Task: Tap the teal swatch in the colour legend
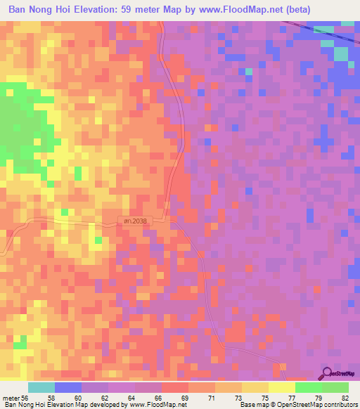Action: (x=41, y=387)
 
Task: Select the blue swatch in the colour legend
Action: (x=68, y=387)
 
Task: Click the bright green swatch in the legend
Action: (x=309, y=387)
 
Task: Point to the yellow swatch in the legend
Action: (x=282, y=387)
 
